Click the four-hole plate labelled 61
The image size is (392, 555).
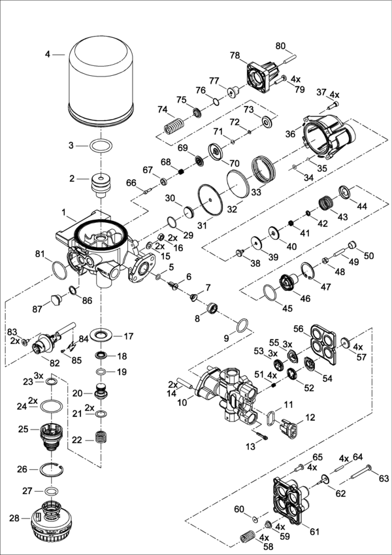pos(295,497)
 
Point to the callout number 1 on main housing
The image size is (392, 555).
pos(64,213)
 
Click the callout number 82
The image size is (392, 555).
pos(46,362)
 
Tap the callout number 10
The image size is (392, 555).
pos(182,403)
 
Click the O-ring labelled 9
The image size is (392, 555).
pos(242,325)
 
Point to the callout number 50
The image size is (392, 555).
pos(369,254)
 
